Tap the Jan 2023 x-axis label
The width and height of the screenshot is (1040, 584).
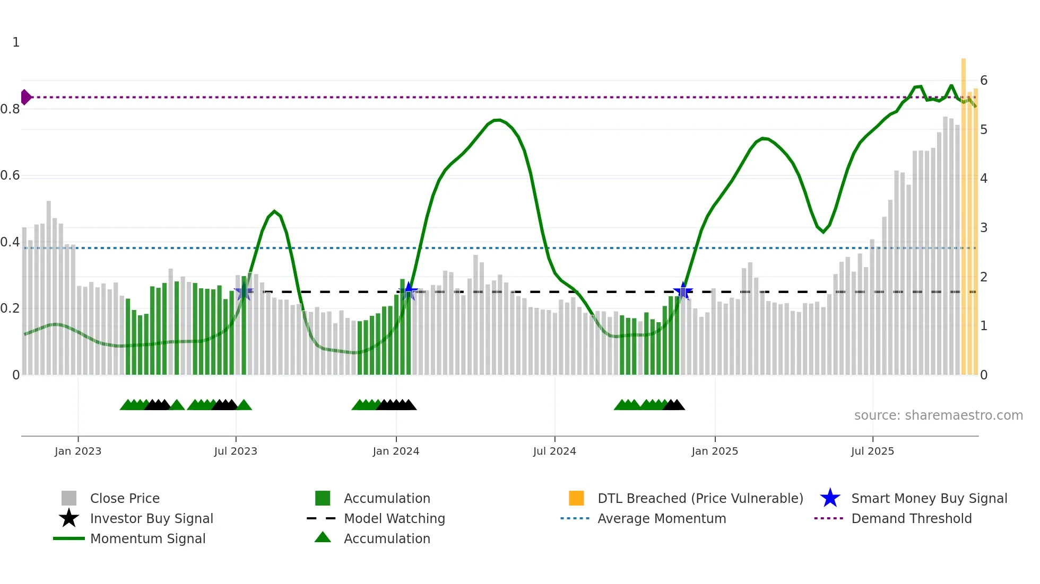coord(78,451)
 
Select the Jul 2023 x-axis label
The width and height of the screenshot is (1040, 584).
coord(236,451)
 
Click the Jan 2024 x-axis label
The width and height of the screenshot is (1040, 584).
coord(396,451)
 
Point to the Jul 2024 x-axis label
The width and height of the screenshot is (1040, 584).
coord(554,451)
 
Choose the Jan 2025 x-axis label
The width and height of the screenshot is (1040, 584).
coord(715,451)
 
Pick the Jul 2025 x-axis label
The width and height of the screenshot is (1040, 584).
coord(872,451)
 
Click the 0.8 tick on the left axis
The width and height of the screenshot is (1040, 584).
coord(10,109)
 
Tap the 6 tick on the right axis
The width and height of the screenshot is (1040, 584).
coord(984,81)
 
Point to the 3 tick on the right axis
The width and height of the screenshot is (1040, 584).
coord(984,228)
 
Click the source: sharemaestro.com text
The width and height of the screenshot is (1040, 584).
coord(938,415)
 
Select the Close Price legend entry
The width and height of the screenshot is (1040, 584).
coord(125,498)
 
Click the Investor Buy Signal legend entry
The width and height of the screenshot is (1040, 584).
coord(151,518)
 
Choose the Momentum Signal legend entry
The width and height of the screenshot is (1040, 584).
coord(148,538)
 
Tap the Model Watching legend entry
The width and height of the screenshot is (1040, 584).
coord(394,518)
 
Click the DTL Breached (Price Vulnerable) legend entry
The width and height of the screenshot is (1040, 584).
coord(700,498)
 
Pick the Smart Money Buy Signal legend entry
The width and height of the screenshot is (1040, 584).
coord(929,498)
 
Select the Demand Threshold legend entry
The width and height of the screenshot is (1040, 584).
coord(911,518)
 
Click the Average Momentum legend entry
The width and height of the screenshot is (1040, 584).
coord(662,518)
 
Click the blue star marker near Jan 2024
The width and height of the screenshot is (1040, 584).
coord(408,291)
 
